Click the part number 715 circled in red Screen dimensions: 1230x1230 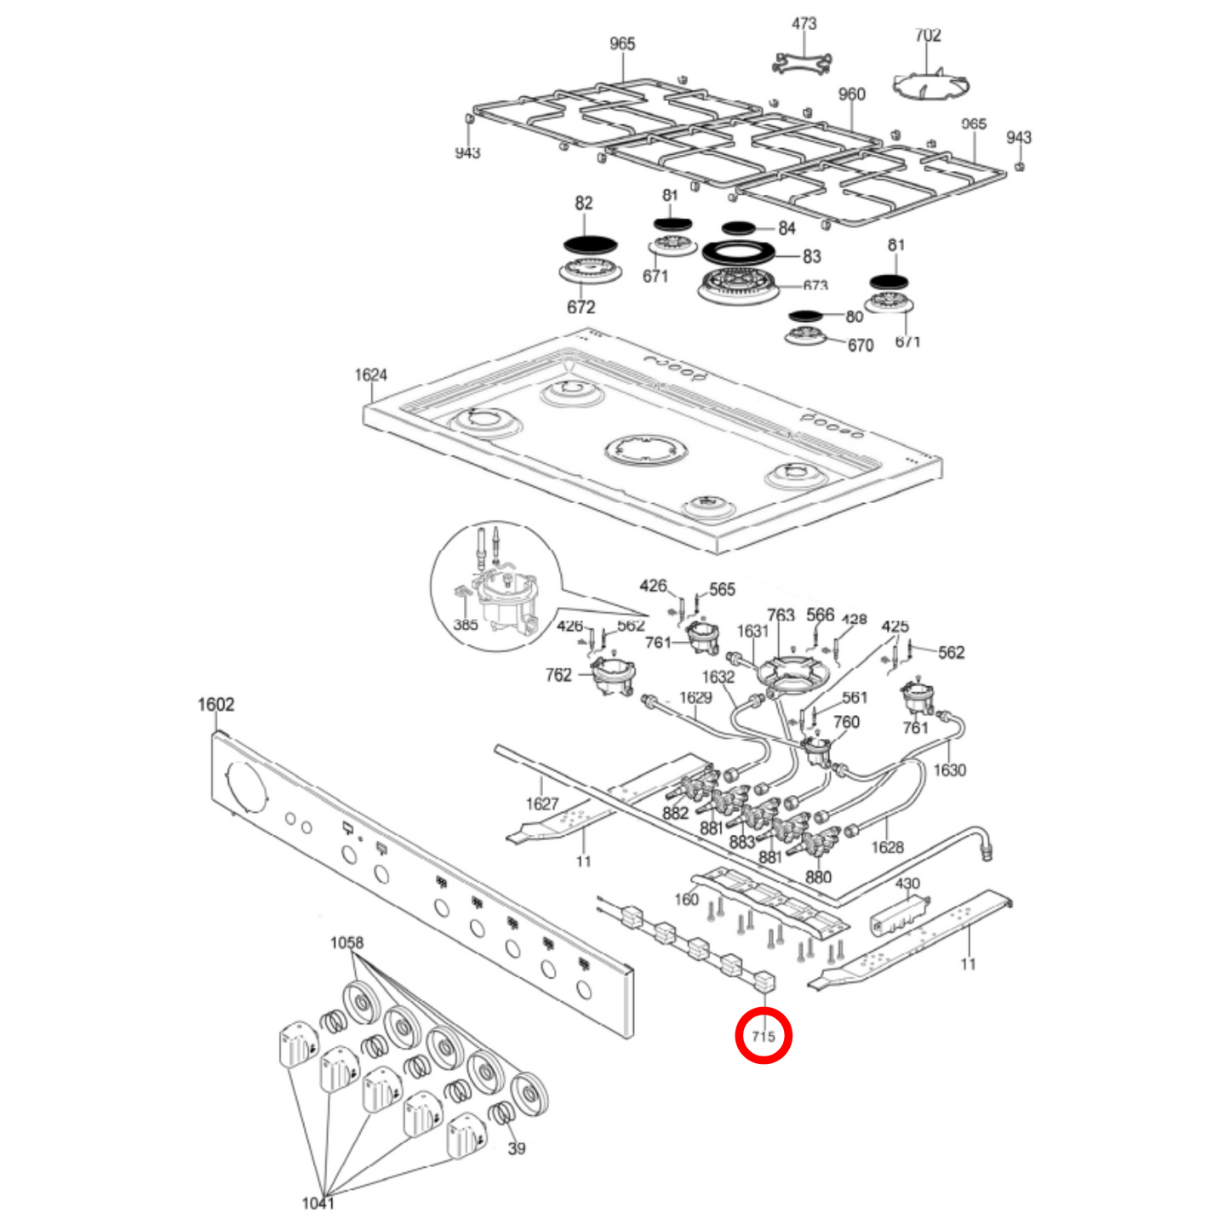pos(764,1036)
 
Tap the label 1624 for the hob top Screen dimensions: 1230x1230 pos(371,375)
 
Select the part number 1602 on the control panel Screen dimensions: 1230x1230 pos(215,704)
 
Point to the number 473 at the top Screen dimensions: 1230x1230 pos(804,24)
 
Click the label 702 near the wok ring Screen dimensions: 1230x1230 pos(928,35)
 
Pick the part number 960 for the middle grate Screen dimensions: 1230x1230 pos(851,94)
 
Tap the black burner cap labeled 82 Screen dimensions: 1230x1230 pos(592,243)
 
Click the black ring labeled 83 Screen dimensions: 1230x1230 pos(740,253)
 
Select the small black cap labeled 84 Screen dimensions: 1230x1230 pos(738,228)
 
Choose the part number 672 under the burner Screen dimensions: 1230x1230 pos(581,307)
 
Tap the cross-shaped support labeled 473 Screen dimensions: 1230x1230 pos(802,62)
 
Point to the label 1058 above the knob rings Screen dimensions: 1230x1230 pos(346,942)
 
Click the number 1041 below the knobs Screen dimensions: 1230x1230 pos(318,1203)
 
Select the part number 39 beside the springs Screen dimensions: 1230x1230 pos(517,1148)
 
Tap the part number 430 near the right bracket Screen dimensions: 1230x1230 pos(907,884)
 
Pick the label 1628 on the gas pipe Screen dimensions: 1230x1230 pos(887,847)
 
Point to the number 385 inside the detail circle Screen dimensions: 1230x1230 pos(466,625)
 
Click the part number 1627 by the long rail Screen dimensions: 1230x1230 pos(541,804)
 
